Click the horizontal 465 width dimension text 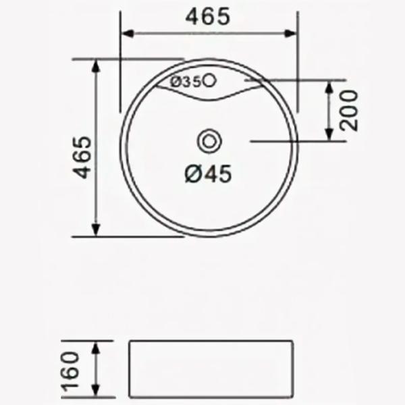coord(208,16)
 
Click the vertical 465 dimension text coord(83,157)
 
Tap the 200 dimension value coord(349,110)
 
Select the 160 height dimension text coord(70,370)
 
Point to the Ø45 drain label coord(208,174)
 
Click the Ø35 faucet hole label coord(186,82)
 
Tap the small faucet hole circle coord(209,80)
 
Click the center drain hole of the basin coord(209,142)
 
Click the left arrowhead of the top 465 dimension coord(128,34)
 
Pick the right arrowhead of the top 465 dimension coord(290,34)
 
